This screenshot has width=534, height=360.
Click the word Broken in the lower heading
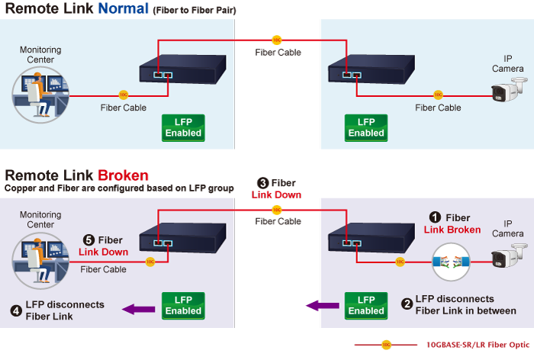pos(123,175)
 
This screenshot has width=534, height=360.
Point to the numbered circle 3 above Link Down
pos(262,183)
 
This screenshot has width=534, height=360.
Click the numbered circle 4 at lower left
pos(16,310)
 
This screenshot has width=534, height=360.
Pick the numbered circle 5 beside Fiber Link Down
pos(88,240)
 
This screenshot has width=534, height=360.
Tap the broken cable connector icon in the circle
pos(453,261)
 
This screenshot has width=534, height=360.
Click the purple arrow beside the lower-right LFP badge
pos(322,306)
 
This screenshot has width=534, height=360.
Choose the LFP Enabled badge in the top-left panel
pos(183,127)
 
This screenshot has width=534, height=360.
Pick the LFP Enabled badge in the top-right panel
pos(366,127)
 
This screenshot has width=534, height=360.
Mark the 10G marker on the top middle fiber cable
pos(276,39)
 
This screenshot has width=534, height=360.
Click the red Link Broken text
pos(452,230)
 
